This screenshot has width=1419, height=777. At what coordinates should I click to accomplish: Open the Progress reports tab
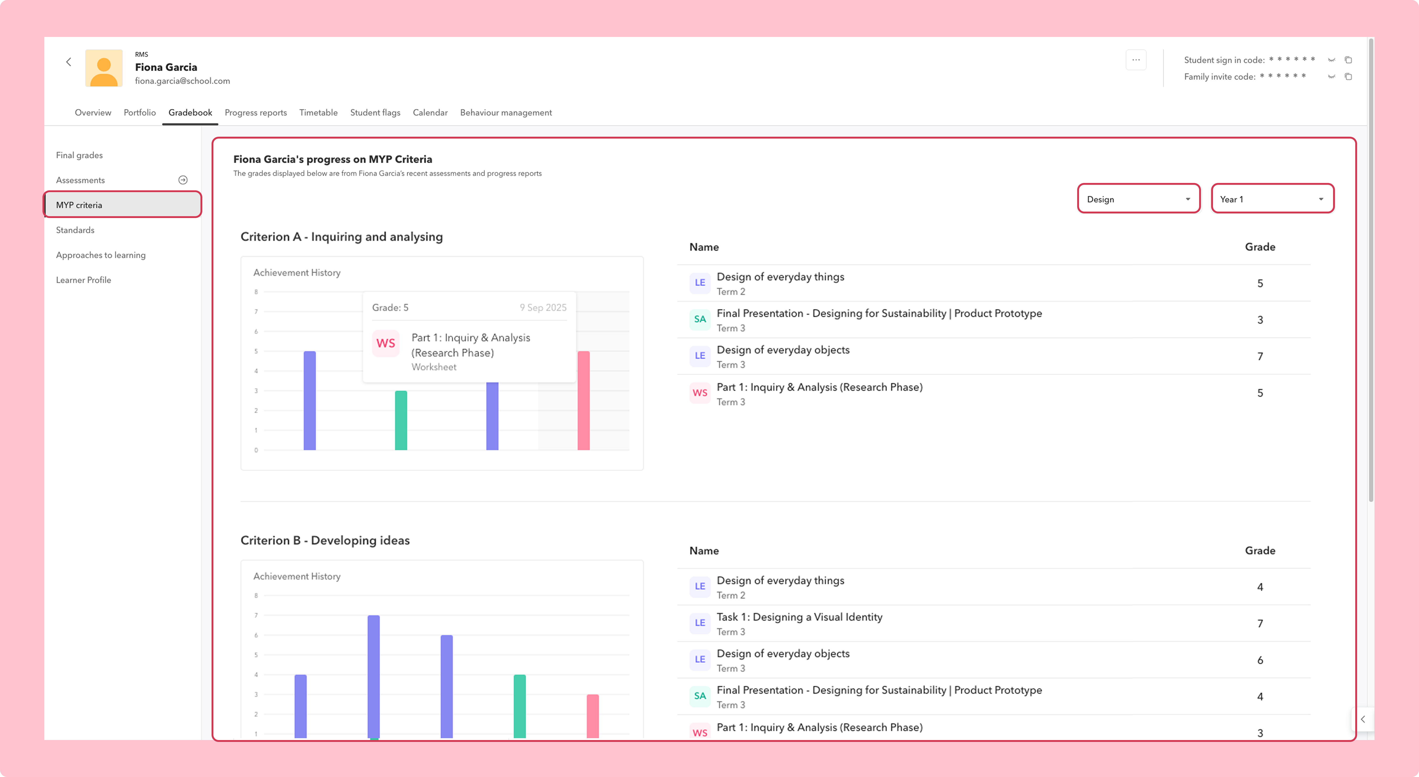click(256, 112)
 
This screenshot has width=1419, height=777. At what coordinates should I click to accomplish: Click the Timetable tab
click(318, 112)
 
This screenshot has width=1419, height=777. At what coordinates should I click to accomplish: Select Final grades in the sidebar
click(79, 155)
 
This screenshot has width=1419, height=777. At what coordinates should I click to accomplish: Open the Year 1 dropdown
click(1273, 199)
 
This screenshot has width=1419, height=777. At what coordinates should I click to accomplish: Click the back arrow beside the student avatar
click(69, 62)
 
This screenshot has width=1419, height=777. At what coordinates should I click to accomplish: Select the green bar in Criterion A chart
click(401, 420)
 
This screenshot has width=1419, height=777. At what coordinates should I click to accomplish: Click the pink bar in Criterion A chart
click(583, 401)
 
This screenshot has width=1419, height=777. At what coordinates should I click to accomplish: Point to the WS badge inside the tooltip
click(386, 343)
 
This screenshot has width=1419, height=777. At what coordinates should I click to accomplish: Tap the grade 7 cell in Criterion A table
click(1260, 357)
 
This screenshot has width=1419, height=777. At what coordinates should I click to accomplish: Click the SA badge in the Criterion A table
click(700, 319)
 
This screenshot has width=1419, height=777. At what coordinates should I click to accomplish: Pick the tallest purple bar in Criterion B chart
click(373, 677)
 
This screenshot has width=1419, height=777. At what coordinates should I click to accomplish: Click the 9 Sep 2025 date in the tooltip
click(543, 307)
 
